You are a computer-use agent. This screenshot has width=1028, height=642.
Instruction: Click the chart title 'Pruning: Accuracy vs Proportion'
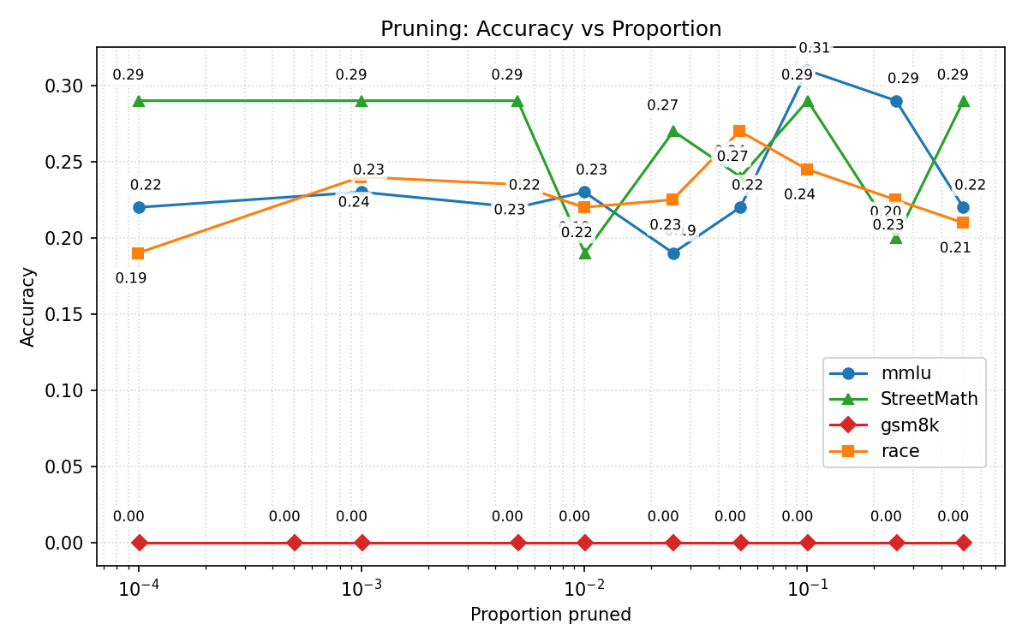click(551, 29)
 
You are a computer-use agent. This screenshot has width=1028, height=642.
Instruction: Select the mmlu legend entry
click(905, 373)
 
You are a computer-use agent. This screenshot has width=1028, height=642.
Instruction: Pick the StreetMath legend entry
click(929, 399)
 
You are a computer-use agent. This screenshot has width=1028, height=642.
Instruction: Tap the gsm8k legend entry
click(910, 425)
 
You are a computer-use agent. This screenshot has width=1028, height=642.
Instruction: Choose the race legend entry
click(899, 451)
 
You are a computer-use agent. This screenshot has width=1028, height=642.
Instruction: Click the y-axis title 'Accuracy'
click(28, 306)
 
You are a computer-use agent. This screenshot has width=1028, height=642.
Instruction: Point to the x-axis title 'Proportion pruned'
click(551, 615)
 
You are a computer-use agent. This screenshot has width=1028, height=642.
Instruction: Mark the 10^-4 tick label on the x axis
click(138, 588)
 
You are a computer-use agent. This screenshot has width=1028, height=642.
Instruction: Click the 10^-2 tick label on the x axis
click(584, 588)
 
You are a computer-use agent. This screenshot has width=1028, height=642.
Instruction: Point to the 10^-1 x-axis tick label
click(807, 588)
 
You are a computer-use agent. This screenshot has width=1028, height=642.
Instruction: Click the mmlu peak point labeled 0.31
click(807, 70)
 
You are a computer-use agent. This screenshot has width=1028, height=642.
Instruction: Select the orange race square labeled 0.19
click(139, 253)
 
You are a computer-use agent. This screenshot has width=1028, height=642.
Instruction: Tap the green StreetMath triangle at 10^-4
click(139, 101)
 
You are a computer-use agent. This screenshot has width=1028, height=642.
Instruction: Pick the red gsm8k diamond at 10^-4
click(139, 543)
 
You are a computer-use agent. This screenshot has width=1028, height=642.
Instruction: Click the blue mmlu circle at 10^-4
click(139, 207)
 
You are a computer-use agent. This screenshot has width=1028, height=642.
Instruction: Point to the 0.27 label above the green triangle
click(662, 105)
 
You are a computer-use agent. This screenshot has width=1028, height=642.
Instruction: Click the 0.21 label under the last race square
click(955, 248)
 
